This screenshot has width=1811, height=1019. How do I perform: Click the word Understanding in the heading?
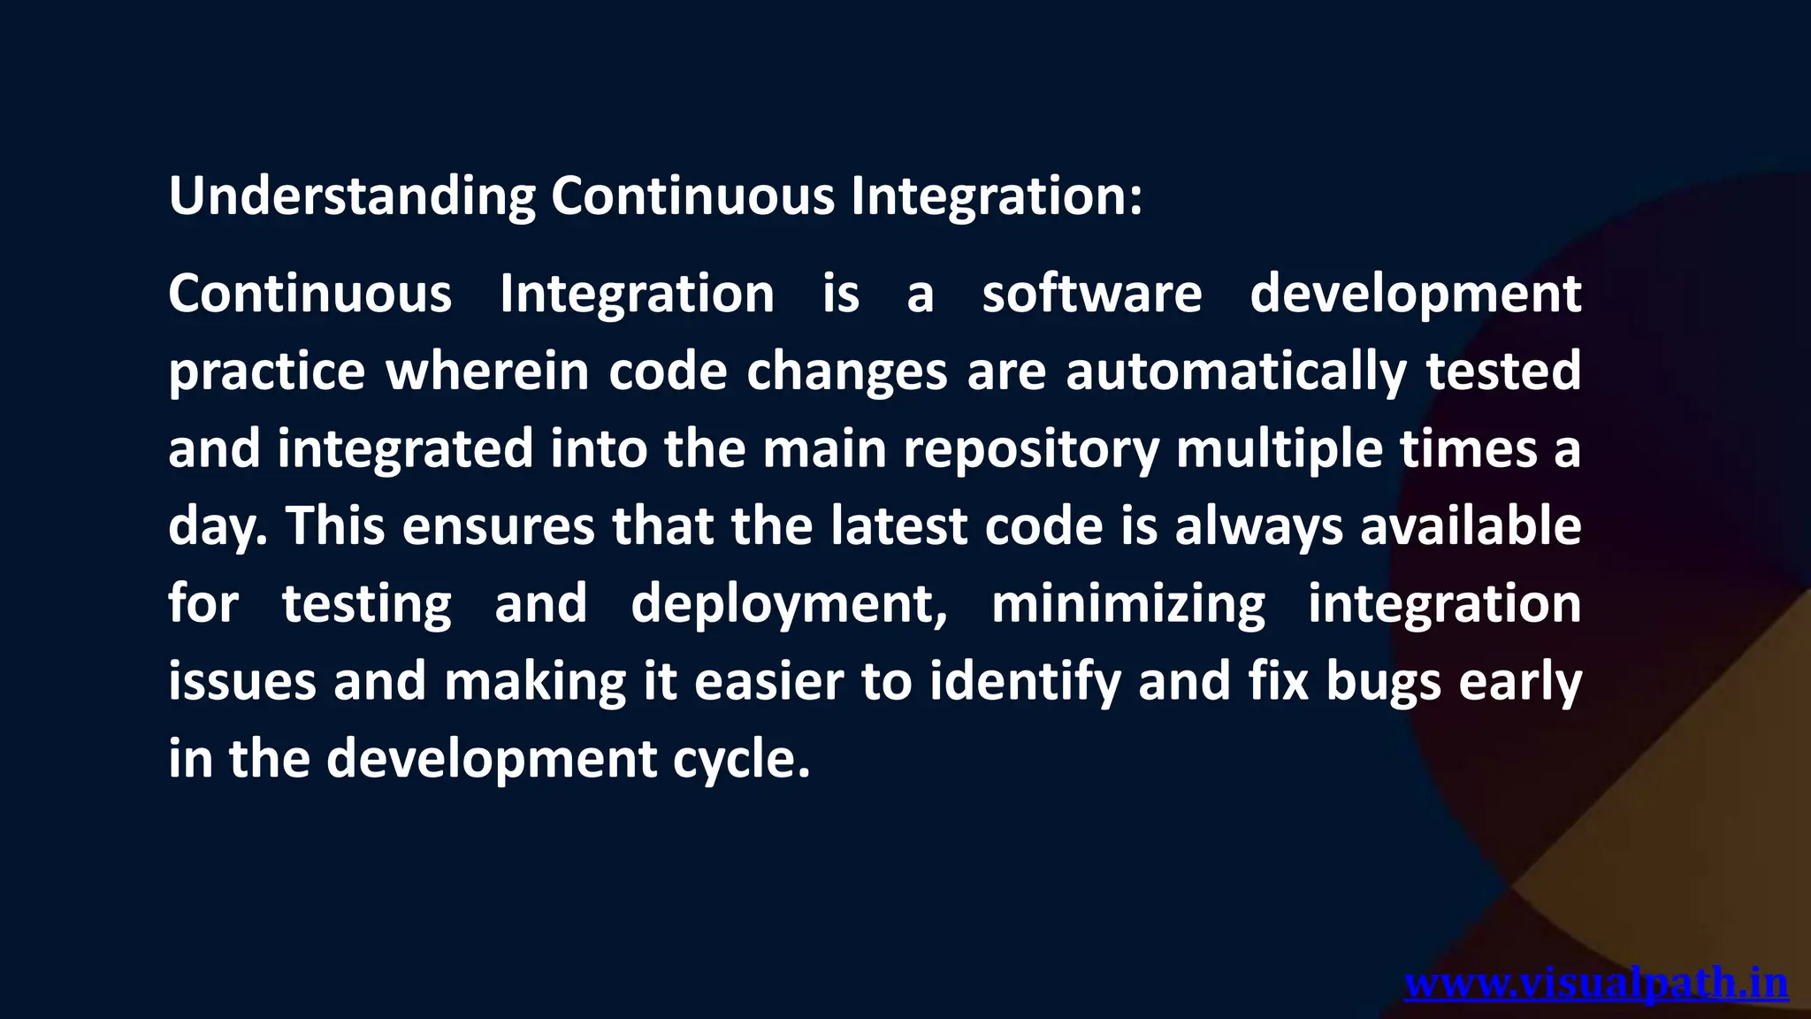352,196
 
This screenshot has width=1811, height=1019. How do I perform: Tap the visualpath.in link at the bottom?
1596,984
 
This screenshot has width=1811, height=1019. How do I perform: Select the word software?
1092,294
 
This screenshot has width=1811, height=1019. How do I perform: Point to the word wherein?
487,371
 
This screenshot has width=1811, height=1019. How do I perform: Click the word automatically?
1235,371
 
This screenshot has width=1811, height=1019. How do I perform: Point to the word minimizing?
1128,605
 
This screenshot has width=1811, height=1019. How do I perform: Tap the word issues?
242,682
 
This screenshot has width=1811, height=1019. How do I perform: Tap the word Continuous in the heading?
692,196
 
